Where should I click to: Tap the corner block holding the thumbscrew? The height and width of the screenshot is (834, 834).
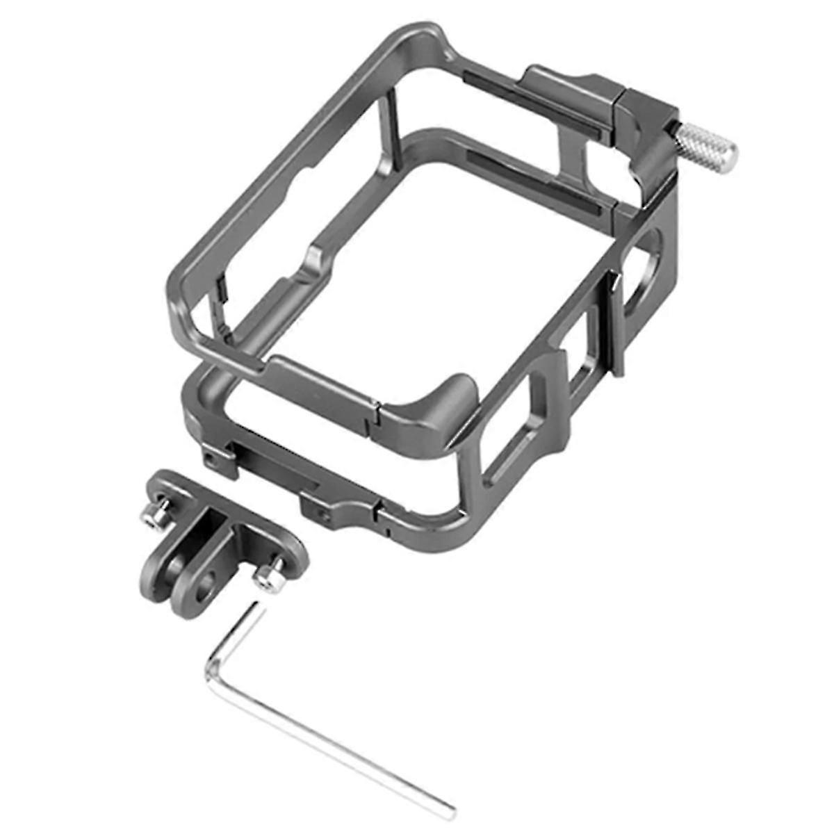click(x=650, y=132)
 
